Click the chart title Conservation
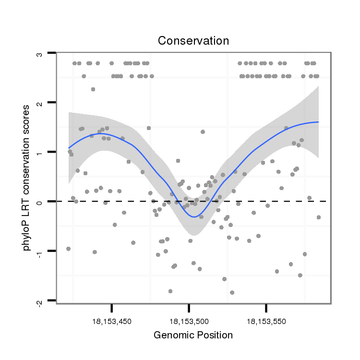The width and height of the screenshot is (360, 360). click(193, 41)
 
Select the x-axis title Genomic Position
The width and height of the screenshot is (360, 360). click(193, 335)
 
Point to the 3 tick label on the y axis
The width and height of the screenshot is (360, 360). click(40, 54)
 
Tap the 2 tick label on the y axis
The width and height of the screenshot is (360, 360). click(40, 103)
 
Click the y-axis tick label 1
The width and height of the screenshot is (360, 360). click(40, 152)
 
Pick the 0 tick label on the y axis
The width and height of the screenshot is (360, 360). click(40, 202)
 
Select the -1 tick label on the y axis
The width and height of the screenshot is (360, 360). click(40, 251)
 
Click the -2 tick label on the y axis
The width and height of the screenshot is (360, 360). click(40, 301)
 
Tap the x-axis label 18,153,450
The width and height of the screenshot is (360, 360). click(111, 321)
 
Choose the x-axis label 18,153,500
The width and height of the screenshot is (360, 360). click(189, 321)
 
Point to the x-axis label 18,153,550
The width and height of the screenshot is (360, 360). click(266, 321)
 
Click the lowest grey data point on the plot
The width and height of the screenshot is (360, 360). click(232, 292)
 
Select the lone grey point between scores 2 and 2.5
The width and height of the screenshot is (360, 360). click(93, 89)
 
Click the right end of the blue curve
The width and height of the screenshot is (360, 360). click(318, 122)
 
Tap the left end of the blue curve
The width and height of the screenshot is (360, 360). click(69, 148)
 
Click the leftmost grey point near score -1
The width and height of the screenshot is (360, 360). click(68, 249)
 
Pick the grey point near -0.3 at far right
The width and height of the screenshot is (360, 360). click(318, 217)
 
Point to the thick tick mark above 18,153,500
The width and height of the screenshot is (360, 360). click(189, 307)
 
